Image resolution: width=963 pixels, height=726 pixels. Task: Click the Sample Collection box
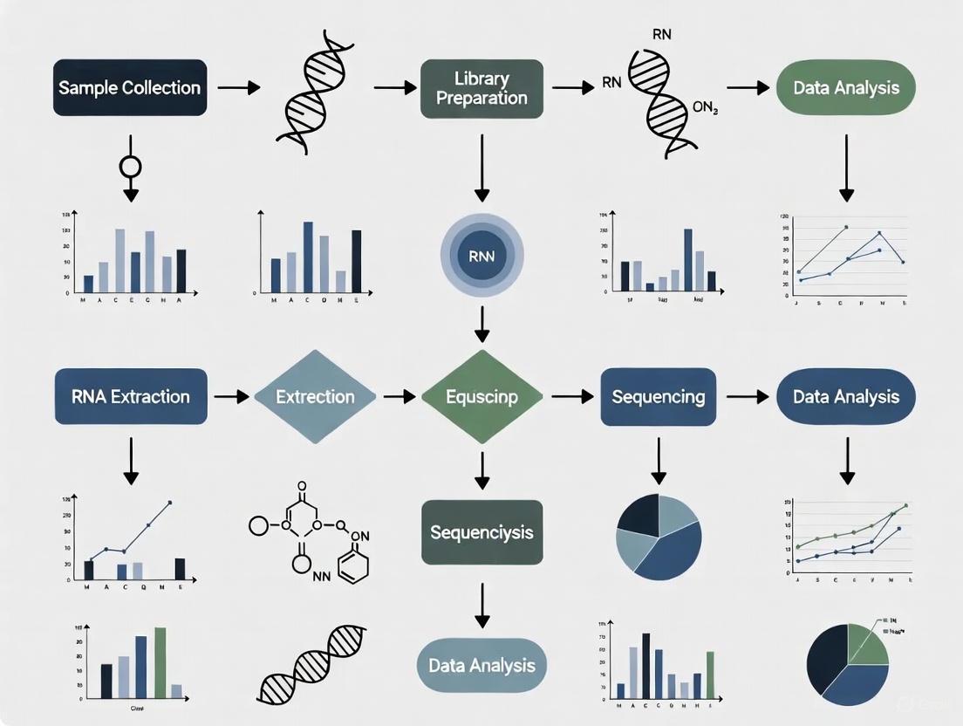tap(130, 87)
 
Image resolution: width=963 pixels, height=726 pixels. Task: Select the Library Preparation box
tap(481, 88)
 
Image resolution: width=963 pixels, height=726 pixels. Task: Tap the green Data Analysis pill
tap(845, 88)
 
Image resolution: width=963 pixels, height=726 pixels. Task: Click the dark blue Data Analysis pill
tap(845, 397)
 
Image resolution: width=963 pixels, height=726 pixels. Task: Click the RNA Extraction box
tap(131, 397)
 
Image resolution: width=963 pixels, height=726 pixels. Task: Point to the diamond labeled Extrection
tap(315, 397)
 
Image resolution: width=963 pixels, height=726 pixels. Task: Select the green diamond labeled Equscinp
tap(481, 397)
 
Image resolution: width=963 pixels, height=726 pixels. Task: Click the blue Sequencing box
tap(659, 397)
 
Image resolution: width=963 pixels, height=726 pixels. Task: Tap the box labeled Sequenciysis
tap(481, 532)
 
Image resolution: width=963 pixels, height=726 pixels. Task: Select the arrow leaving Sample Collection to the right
tap(238, 87)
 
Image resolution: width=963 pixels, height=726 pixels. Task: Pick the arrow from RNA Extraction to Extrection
tap(231, 397)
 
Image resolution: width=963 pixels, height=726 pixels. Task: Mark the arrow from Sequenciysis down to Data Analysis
tap(481, 604)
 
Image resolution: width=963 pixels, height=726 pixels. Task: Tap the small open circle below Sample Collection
tap(131, 166)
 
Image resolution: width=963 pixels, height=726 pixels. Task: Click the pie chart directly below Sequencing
tap(659, 538)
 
